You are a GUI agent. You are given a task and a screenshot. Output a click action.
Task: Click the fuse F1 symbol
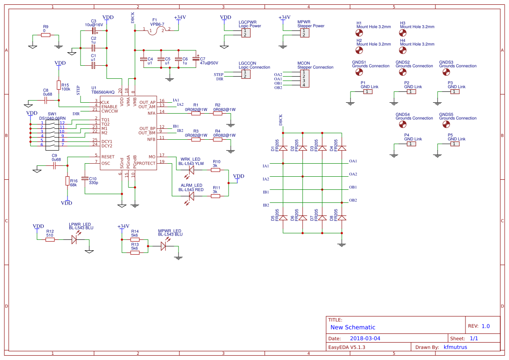[x=157, y=31]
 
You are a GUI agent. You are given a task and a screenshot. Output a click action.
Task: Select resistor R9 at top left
[x=46, y=35]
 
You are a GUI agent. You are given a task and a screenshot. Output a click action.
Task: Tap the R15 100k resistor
[x=58, y=85]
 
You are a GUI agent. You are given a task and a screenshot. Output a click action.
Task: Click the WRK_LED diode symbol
[x=191, y=170]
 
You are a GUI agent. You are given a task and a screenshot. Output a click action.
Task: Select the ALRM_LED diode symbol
[x=191, y=196]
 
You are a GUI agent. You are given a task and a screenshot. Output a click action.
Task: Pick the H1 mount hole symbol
[x=360, y=33]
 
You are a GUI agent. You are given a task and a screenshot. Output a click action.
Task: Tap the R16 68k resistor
[x=67, y=181]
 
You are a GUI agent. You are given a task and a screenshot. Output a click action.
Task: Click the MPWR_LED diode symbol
[x=164, y=246]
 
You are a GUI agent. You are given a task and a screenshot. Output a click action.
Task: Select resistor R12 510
[x=50, y=239]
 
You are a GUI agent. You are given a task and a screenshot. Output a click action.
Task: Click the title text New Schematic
[x=353, y=327]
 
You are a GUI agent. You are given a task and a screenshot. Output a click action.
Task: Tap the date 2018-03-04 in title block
[x=365, y=338]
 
